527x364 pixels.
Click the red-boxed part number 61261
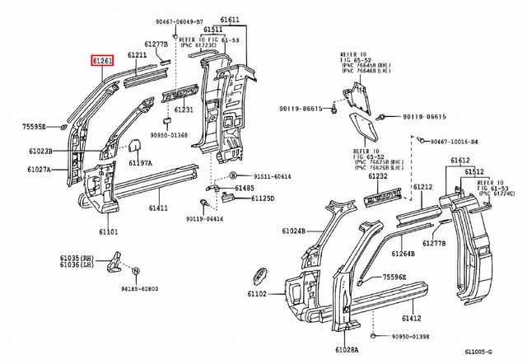[x=103, y=60]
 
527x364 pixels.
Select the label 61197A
[x=140, y=164]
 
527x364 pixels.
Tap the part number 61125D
[x=264, y=198]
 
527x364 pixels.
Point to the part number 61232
[x=378, y=176]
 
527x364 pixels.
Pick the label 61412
[x=411, y=318]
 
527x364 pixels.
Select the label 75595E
[x=33, y=127]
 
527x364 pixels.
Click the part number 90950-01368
[x=169, y=136]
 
